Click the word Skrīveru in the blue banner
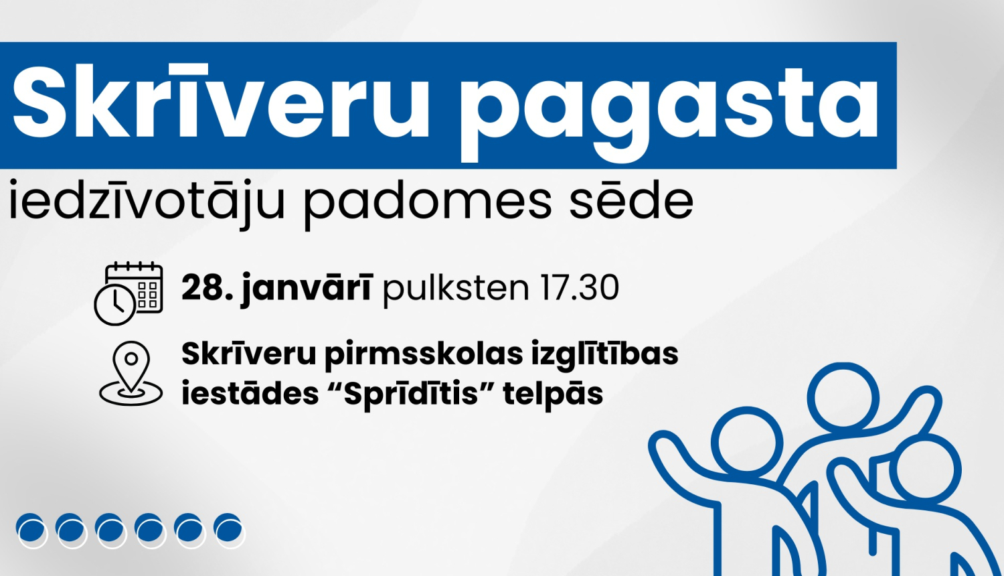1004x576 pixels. pos(221,104)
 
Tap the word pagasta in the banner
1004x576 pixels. pos(669,107)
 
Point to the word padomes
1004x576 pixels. pos(428,201)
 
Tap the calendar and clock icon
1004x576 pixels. pos(129,293)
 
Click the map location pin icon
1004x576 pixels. pos(131,373)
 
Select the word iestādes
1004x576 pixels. pos(250,394)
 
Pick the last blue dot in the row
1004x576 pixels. pos(228,529)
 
